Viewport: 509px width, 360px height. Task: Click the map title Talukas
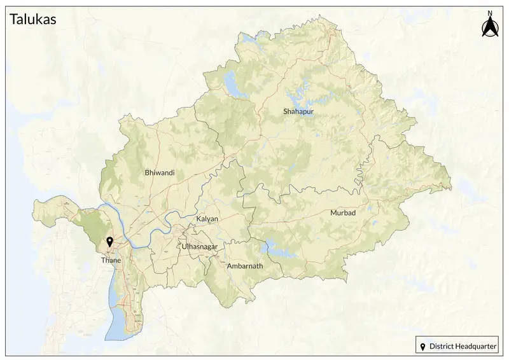click(33, 20)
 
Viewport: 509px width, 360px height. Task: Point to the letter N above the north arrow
click(490, 13)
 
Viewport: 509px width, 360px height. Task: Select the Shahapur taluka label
click(298, 112)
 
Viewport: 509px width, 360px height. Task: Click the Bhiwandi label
click(160, 172)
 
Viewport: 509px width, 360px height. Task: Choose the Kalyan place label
click(207, 219)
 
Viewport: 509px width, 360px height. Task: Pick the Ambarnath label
click(244, 267)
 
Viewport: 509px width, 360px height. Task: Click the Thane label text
click(111, 260)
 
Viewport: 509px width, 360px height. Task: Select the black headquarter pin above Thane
click(110, 242)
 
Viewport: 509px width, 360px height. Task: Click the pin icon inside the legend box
click(423, 347)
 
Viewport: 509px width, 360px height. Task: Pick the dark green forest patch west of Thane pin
click(89, 223)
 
